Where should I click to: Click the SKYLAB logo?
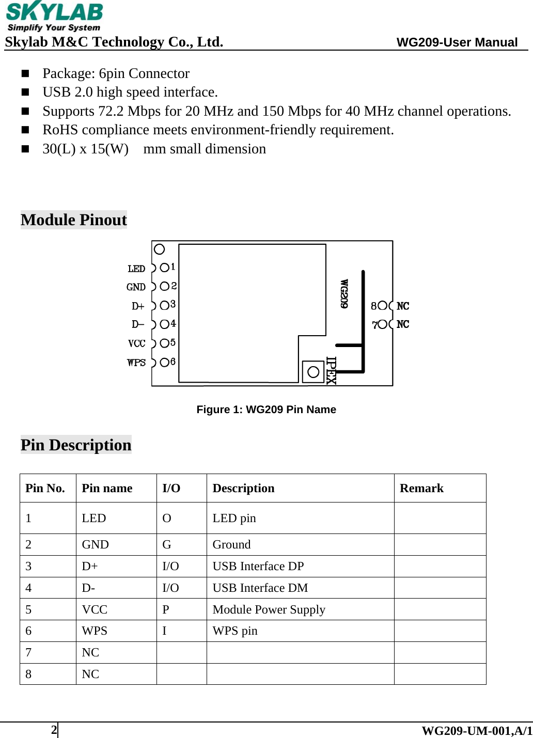(54, 17)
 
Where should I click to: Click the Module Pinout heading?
(74, 220)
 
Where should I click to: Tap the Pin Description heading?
(76, 445)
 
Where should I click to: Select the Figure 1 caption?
(266, 410)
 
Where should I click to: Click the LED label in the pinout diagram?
(136, 269)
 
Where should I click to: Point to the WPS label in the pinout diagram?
(136, 363)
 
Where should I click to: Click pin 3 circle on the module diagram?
(164, 305)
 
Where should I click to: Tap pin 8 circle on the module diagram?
(382, 306)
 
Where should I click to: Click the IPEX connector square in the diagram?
(313, 371)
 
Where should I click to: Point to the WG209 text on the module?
(344, 294)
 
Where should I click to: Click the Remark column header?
(421, 489)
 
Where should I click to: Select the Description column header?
(243, 489)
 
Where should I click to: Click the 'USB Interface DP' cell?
(258, 567)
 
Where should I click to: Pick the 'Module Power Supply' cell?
(269, 610)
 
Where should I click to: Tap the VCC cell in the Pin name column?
(95, 610)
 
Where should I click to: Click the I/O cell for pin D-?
(170, 588)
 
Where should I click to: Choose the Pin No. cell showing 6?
(29, 631)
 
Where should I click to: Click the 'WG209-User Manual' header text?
(457, 42)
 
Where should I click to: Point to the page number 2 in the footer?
(54, 730)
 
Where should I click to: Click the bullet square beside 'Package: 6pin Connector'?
(25, 73)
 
